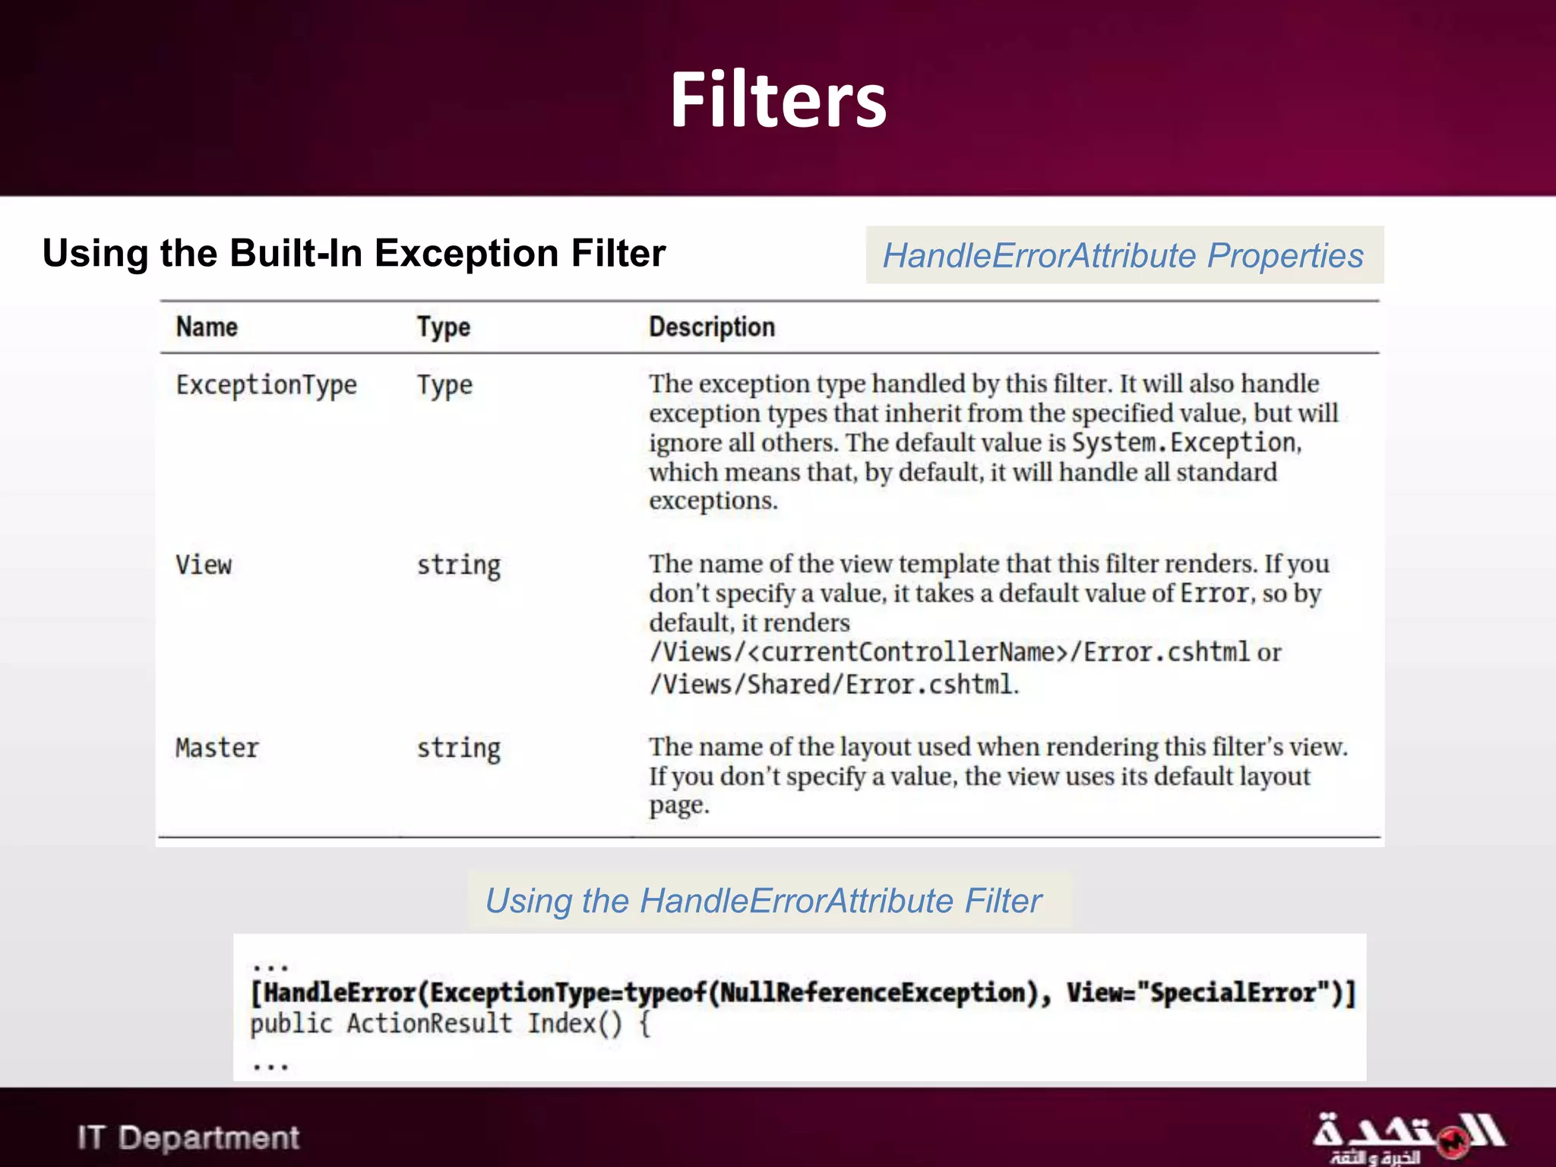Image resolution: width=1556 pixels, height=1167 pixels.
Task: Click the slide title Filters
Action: tap(778, 100)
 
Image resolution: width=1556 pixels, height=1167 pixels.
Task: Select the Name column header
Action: tap(207, 327)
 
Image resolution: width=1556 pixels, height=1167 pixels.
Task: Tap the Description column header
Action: tap(712, 327)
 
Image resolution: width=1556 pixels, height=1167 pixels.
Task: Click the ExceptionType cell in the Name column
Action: tap(266, 385)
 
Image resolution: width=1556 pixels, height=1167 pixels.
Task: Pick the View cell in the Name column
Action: tap(204, 565)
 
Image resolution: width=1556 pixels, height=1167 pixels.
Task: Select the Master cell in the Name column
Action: tap(217, 748)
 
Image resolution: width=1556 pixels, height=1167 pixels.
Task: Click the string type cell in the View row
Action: tap(459, 566)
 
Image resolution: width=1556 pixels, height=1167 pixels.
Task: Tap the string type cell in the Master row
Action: tap(459, 749)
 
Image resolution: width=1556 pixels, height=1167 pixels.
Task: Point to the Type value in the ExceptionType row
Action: tap(444, 386)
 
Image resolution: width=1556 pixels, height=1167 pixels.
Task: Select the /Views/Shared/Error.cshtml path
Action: tap(832, 685)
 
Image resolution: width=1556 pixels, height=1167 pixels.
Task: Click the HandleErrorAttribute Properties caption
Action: tap(1123, 255)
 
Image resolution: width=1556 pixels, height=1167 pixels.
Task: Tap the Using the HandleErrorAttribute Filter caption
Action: tap(764, 901)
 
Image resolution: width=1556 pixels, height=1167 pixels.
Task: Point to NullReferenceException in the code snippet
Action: tap(872, 993)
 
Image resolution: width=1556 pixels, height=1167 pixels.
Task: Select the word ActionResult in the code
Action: tap(429, 1024)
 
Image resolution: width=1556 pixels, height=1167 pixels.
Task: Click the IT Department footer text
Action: tap(188, 1138)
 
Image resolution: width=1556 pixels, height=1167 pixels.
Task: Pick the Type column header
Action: tap(444, 327)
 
